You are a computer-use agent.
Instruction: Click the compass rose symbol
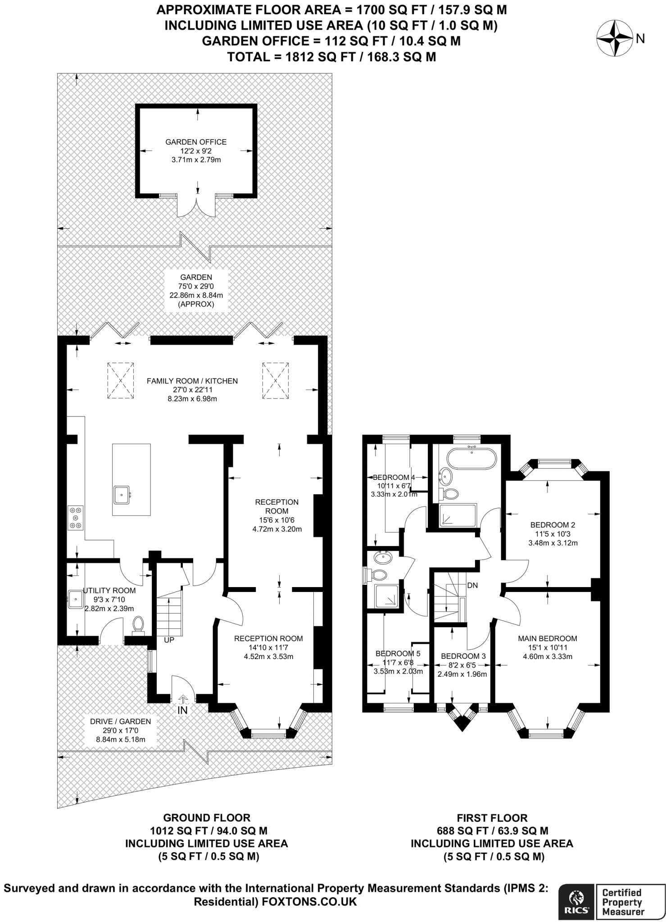615,39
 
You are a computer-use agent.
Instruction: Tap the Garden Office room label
196,142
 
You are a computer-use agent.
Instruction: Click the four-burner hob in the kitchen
75,518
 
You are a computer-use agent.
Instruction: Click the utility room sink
75,599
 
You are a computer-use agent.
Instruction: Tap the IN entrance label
182,710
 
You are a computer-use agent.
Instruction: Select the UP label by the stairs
169,640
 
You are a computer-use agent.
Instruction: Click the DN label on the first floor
472,586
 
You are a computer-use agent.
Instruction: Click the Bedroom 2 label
553,524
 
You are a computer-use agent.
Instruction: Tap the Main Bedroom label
547,638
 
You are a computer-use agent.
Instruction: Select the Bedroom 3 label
463,656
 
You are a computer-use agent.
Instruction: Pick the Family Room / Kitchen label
192,381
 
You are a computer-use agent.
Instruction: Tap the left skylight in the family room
120,380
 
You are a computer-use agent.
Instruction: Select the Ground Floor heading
207,818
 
